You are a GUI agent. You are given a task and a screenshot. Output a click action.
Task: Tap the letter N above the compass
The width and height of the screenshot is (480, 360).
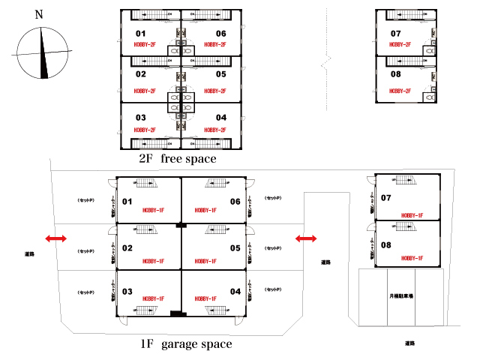click(39, 14)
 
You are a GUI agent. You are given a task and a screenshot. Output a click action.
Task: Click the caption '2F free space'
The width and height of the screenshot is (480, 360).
click(177, 159)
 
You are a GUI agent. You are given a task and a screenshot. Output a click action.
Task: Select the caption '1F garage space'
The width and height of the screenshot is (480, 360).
click(186, 344)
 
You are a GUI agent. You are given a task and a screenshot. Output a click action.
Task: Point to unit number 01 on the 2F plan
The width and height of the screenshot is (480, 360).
click(140, 34)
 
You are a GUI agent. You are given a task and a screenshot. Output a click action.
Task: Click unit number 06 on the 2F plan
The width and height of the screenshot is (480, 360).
click(220, 34)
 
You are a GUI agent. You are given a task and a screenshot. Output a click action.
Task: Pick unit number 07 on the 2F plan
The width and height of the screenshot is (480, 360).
click(396, 34)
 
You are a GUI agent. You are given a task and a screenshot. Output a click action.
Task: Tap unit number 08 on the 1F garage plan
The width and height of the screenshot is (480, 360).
click(386, 245)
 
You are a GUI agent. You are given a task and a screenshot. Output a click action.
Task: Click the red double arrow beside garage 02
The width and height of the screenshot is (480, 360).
click(56, 239)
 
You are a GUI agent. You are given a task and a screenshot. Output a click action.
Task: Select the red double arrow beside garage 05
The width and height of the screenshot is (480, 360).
click(305, 239)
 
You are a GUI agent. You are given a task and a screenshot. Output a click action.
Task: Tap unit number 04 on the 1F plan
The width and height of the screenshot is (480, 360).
click(235, 291)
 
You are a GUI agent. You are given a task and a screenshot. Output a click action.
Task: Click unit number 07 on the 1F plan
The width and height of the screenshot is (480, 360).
click(386, 198)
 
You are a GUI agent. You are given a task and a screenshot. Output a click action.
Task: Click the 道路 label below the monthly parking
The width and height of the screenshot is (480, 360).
click(409, 343)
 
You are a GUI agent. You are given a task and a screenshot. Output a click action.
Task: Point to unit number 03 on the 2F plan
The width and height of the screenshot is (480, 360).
click(140, 118)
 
